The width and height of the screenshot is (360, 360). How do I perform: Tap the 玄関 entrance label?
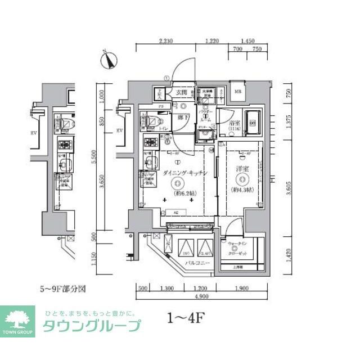[x=181, y=92]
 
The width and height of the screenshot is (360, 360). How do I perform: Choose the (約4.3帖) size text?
[x=241, y=190]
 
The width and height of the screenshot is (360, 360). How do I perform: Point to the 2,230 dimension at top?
[x=166, y=41]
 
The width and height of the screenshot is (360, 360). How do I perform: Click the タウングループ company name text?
[x=92, y=326]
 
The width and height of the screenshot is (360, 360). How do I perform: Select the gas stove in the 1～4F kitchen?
[x=151, y=143]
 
